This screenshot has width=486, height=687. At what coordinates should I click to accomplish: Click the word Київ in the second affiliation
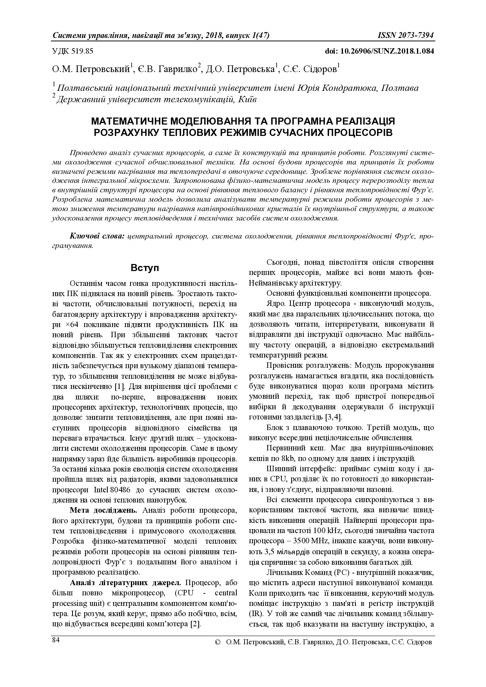[x=247, y=99]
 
